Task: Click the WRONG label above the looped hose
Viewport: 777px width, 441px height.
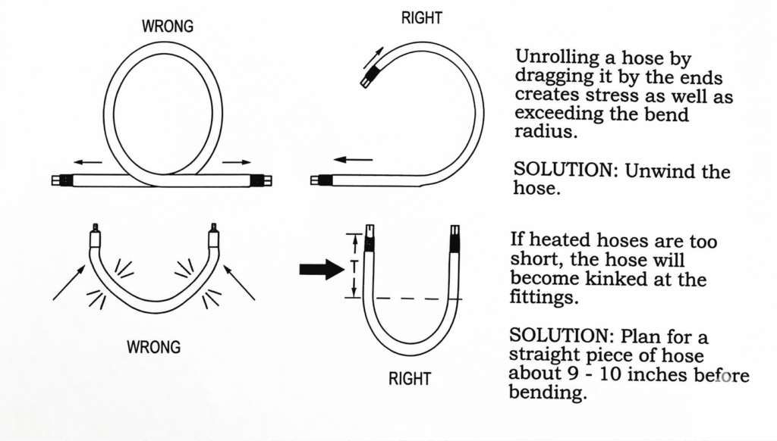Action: tap(168, 27)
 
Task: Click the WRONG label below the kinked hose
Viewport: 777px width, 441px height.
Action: tap(154, 348)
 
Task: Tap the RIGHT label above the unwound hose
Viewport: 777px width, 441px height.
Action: tap(421, 18)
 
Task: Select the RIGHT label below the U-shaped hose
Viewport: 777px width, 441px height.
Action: tap(410, 379)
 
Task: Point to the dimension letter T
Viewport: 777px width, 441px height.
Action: tap(354, 265)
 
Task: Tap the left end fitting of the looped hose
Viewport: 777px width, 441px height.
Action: tap(61, 181)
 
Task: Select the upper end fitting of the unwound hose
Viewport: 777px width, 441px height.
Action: tap(369, 77)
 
